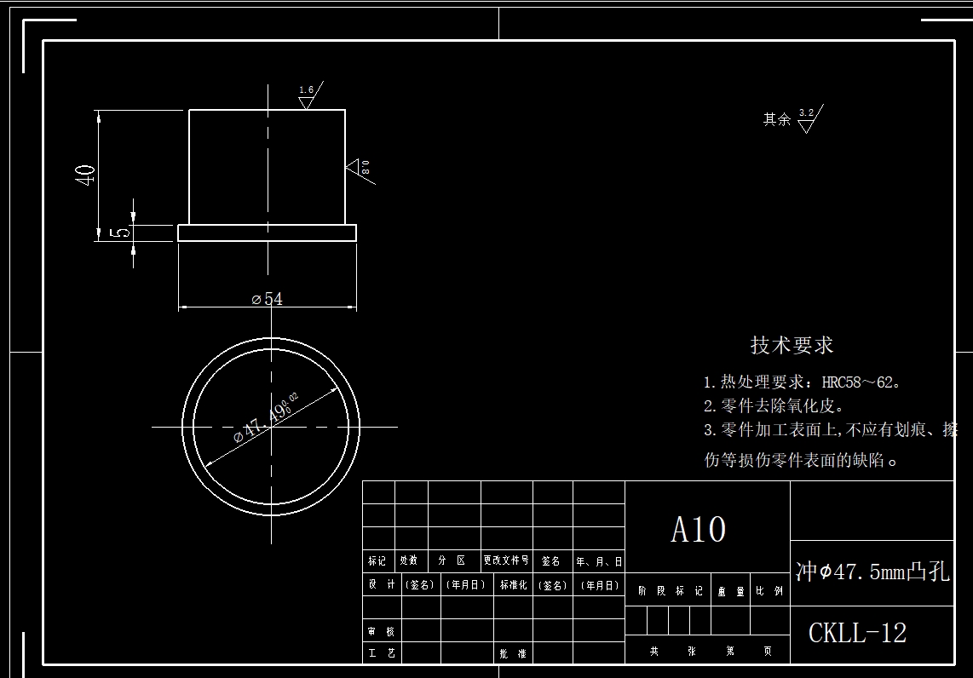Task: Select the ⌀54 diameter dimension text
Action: click(x=268, y=299)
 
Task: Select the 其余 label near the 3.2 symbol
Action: click(x=776, y=120)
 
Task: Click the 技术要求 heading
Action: click(x=792, y=345)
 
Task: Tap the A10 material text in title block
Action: click(x=699, y=530)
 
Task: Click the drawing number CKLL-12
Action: click(x=857, y=633)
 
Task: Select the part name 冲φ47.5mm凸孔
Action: click(x=872, y=572)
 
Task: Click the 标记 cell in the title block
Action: click(x=377, y=560)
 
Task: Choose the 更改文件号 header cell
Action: click(x=506, y=560)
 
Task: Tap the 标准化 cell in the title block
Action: click(x=513, y=585)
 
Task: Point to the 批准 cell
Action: click(x=513, y=654)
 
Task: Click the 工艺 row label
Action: click(x=381, y=654)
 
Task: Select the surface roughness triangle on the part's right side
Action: click(x=355, y=167)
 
